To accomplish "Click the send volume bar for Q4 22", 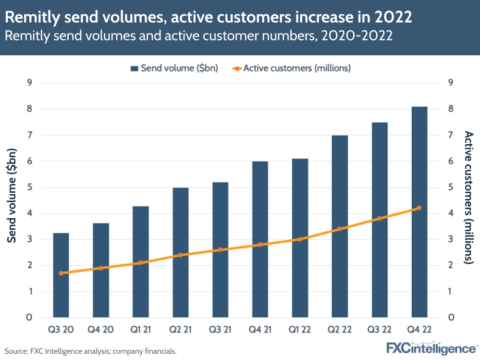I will point(419,211).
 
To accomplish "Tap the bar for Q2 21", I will point(181,252).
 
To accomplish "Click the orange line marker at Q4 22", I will point(419,208).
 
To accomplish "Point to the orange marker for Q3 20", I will point(61,273).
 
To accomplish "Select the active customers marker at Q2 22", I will point(340,229).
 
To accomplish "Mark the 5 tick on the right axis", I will point(450,187).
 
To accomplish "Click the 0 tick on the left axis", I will point(29,317).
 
